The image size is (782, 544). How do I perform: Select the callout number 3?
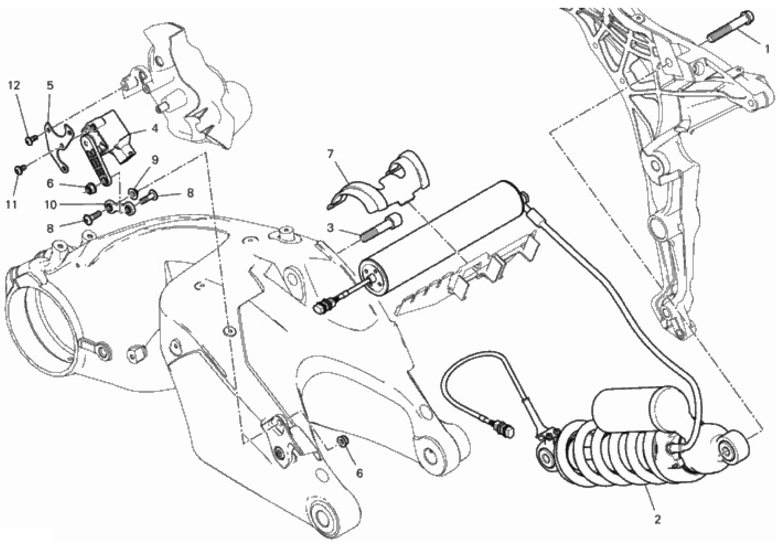click(x=330, y=228)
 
